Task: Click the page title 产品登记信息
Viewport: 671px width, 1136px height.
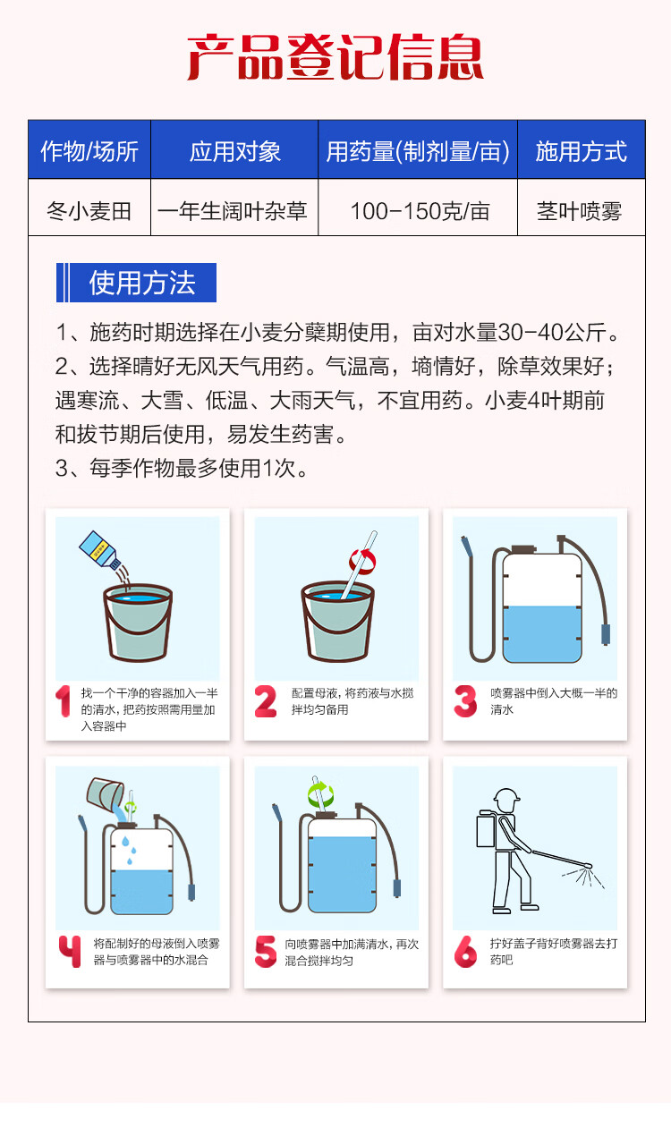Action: [x=335, y=57]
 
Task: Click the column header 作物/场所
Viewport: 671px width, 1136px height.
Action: [x=89, y=151]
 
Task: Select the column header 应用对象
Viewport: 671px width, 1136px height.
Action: [x=234, y=151]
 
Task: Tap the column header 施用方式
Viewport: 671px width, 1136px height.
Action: [x=582, y=151]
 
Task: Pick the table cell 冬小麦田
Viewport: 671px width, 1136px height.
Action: [x=89, y=211]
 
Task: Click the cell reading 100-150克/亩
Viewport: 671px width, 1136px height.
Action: [x=420, y=211]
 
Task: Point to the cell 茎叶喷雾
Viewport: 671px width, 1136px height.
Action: [x=579, y=211]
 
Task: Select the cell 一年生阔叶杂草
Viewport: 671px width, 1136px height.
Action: [x=233, y=211]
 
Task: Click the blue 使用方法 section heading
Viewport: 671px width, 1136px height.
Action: [x=136, y=283]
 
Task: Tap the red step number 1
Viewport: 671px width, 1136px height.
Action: [x=64, y=701]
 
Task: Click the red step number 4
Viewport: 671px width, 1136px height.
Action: [x=70, y=951]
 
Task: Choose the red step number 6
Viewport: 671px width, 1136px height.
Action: [x=465, y=952]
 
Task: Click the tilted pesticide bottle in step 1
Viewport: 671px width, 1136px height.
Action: [x=100, y=550]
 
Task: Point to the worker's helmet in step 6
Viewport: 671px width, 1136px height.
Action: [x=506, y=797]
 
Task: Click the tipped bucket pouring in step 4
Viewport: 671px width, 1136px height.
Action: [x=106, y=793]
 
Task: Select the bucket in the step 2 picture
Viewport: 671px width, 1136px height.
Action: [x=337, y=622]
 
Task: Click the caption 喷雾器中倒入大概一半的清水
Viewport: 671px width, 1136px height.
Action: [x=553, y=701]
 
